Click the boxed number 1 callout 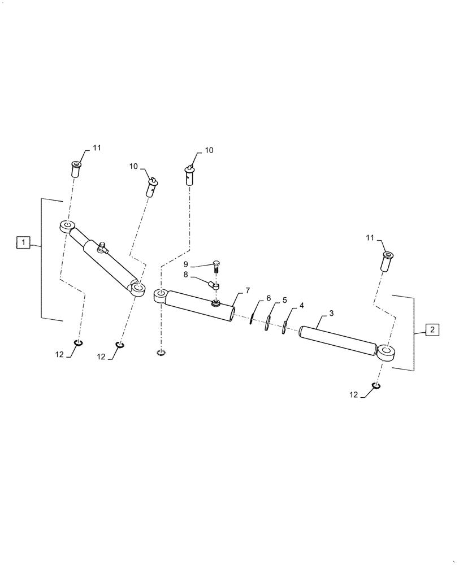click(23, 243)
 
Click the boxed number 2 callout click(431, 330)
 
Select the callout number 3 click(331, 312)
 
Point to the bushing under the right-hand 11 click(387, 262)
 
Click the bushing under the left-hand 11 click(75, 167)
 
